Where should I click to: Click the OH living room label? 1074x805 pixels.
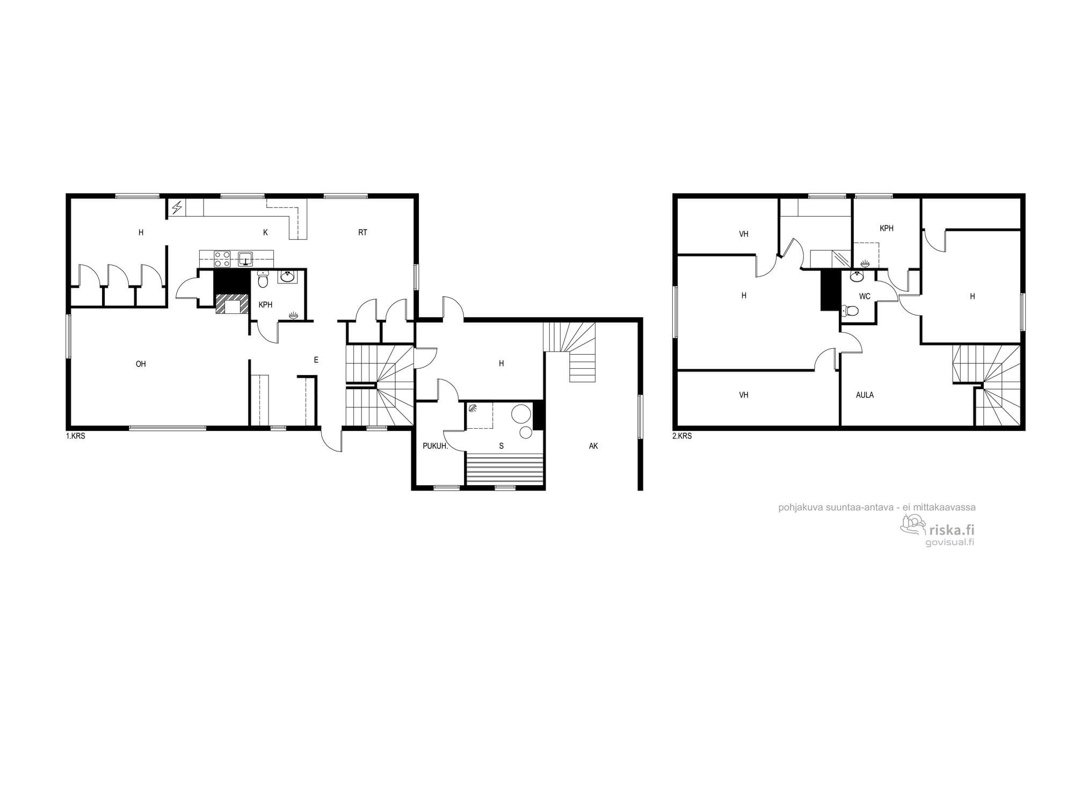[x=141, y=364]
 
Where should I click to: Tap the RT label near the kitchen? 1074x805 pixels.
[x=363, y=232]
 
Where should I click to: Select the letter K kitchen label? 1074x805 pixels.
[x=265, y=232]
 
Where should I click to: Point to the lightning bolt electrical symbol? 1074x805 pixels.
[x=176, y=207]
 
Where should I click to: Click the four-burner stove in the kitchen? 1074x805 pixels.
[x=222, y=259]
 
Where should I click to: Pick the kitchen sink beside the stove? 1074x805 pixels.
[x=246, y=259]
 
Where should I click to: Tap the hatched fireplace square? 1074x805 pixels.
[x=233, y=304]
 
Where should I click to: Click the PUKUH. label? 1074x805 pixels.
[x=435, y=446]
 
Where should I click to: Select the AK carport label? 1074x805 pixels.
[x=593, y=446]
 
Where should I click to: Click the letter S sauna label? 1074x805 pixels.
[x=502, y=446]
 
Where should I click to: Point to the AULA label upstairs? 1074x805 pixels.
[x=865, y=395]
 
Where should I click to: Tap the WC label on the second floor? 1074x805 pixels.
[x=865, y=296]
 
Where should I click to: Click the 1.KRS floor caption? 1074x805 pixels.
[x=76, y=436]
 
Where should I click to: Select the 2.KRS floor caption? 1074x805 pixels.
[x=682, y=436]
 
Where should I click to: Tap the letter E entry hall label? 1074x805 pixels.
[x=316, y=360]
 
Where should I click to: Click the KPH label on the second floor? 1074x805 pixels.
[x=887, y=228]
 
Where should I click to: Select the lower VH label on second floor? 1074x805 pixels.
[x=744, y=395]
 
